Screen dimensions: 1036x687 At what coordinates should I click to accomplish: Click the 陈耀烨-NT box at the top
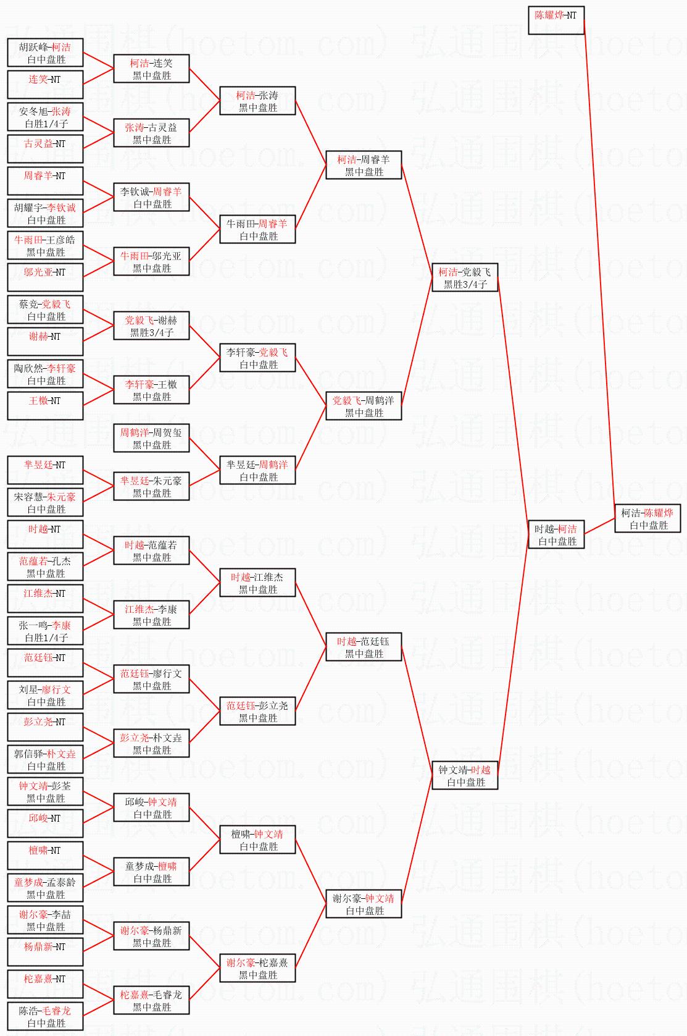point(556,20)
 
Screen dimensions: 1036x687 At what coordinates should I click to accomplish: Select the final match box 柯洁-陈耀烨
point(647,518)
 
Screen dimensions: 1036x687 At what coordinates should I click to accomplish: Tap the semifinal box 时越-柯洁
point(556,534)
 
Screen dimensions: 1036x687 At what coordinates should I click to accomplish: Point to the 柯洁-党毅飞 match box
point(465,277)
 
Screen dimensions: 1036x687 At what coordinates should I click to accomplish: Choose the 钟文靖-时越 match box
point(465,775)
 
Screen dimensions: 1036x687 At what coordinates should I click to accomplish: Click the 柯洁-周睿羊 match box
point(364,165)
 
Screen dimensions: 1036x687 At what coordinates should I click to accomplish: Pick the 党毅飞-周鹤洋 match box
point(364,406)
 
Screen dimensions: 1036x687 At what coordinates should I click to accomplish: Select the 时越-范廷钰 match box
point(364,647)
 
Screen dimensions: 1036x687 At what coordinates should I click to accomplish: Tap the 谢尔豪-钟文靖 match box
point(364,904)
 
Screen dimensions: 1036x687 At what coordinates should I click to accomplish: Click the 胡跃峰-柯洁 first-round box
point(45,53)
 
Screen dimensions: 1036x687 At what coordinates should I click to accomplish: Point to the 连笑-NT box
point(45,85)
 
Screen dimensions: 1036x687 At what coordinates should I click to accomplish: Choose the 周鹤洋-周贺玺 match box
point(151,438)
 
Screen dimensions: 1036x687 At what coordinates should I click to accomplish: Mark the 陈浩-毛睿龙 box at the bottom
point(45,1016)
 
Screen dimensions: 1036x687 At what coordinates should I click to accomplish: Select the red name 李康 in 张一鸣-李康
point(61,625)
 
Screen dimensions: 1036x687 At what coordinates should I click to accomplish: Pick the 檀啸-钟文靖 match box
point(257,840)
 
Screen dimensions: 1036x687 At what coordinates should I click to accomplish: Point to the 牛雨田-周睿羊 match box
point(257,229)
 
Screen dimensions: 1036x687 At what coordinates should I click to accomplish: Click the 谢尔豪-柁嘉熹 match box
point(257,968)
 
